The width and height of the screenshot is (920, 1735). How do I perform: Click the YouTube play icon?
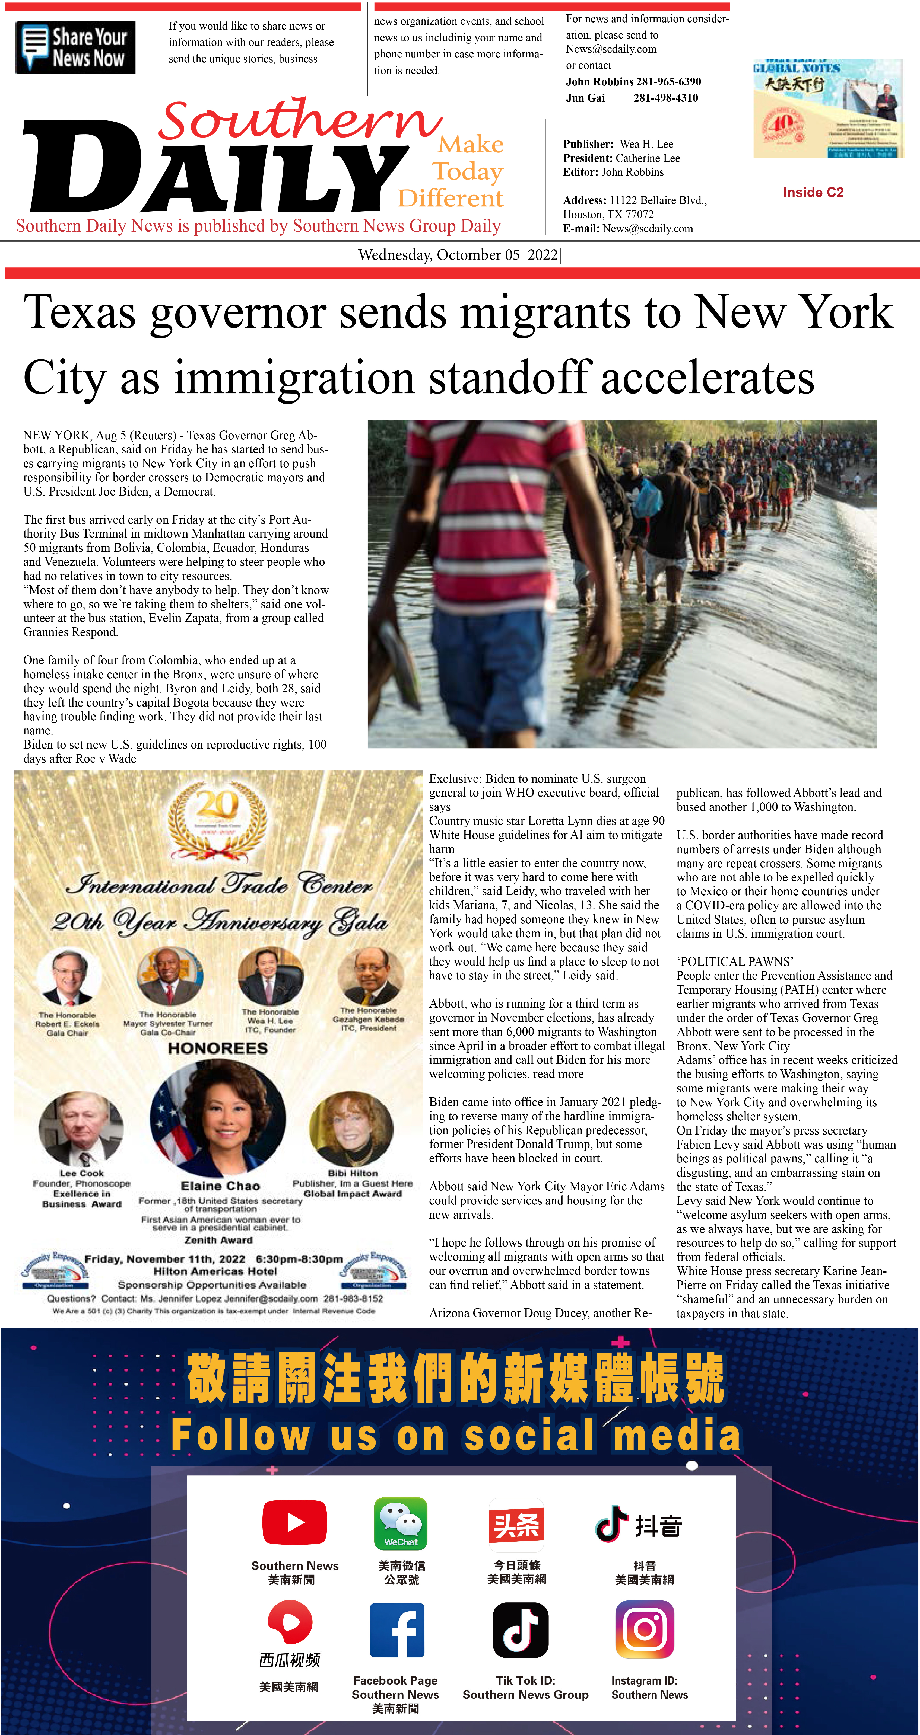pos(294,1522)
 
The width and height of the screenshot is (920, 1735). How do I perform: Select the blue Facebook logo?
pos(397,1630)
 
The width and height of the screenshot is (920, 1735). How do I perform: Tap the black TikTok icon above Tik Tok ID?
pos(520,1630)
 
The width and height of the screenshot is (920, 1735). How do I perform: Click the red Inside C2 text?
pos(813,193)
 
